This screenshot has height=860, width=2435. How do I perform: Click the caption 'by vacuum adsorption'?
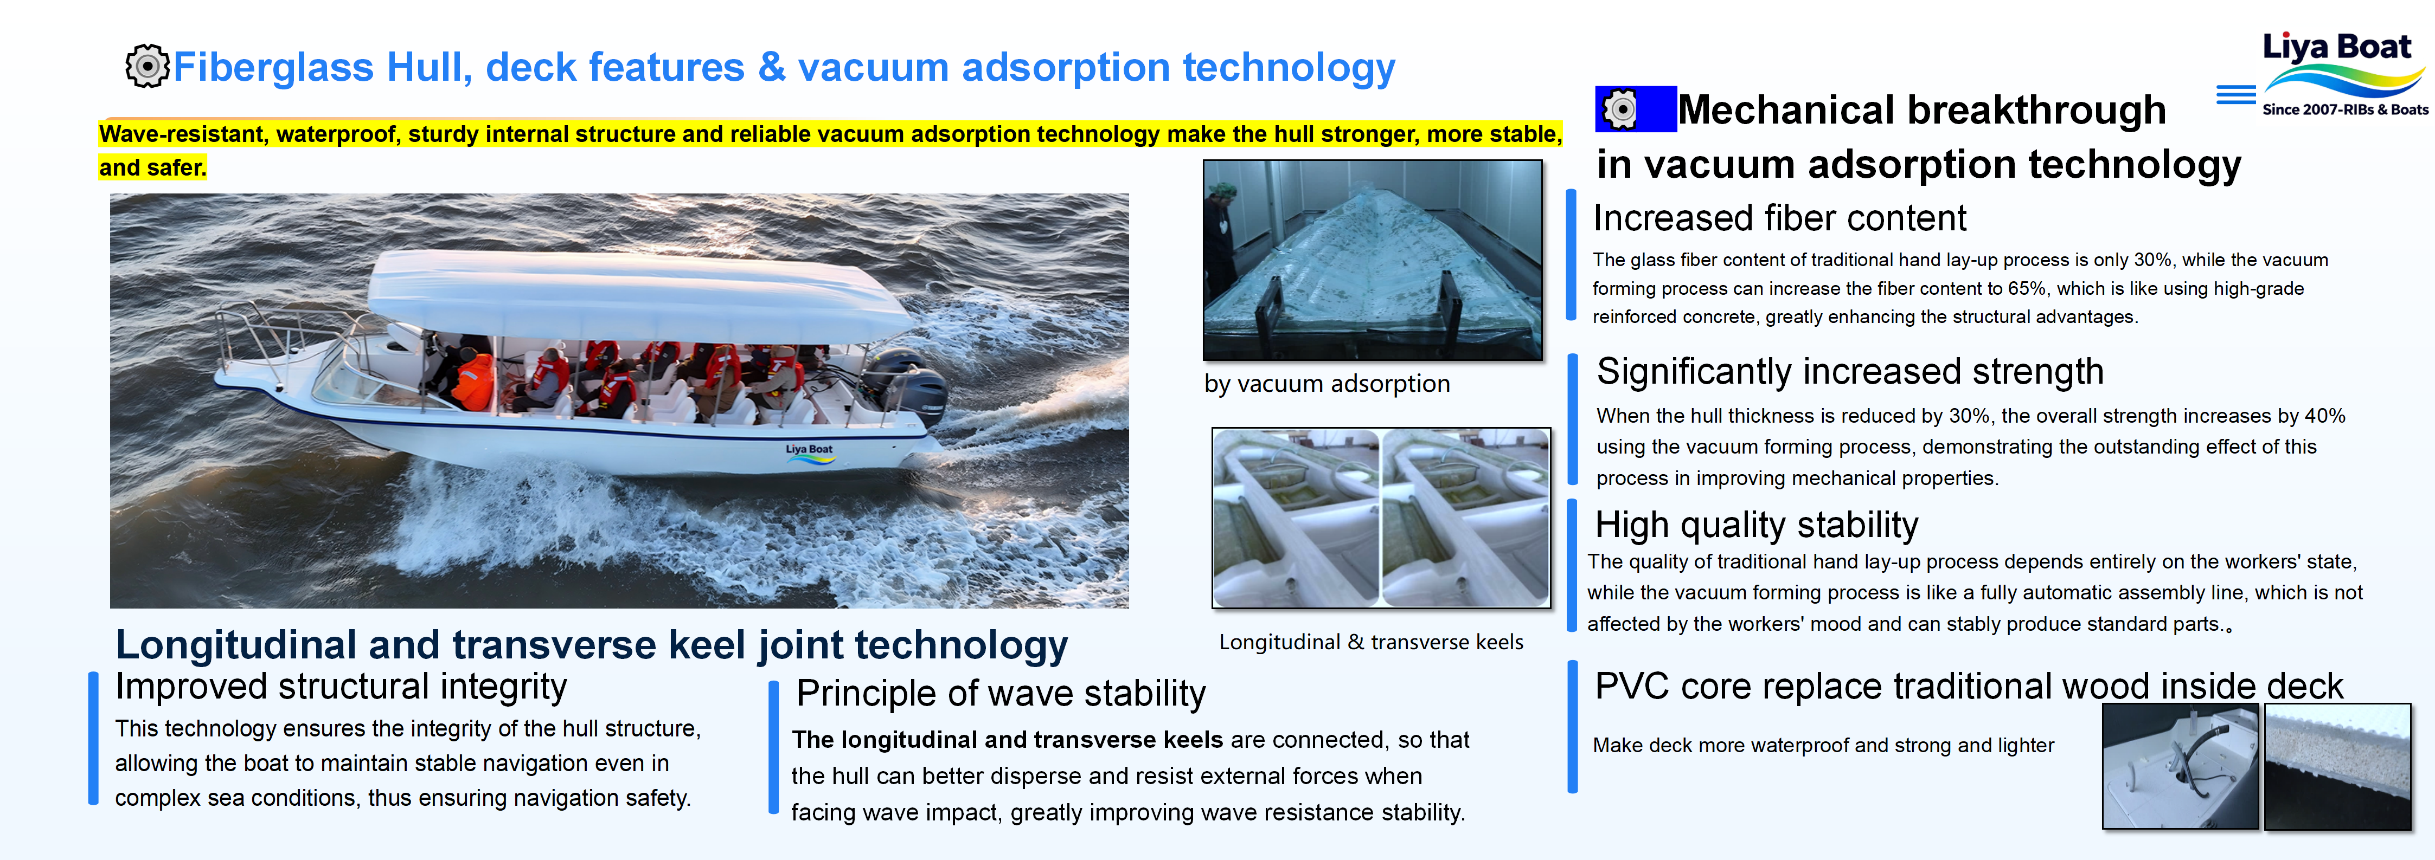[x=1326, y=384]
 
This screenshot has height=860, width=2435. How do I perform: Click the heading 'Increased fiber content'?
[x=1779, y=218]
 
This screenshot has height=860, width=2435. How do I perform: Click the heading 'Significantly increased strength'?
[x=1850, y=371]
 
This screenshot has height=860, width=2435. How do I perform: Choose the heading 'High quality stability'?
[x=1757, y=525]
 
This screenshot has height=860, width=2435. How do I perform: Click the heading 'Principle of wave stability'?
[x=1001, y=694]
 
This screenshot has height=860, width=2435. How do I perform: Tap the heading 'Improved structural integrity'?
[x=341, y=687]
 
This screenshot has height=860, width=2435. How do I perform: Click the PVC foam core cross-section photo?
[x=2337, y=766]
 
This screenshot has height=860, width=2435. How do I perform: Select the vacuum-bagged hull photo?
[x=1373, y=260]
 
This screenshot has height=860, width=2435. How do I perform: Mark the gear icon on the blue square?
[x=1620, y=109]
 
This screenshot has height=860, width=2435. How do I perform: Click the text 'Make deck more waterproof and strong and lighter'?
[x=1823, y=746]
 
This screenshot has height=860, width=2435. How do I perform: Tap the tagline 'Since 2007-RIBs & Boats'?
[x=2345, y=109]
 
